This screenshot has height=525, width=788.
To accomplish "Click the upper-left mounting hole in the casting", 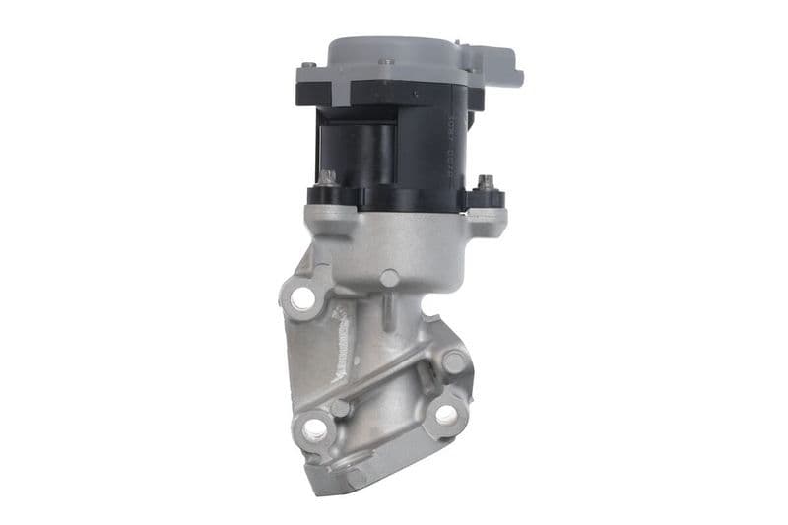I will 303,296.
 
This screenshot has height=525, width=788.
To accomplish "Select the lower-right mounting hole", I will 445,416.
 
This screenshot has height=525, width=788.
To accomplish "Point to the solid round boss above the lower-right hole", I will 454,361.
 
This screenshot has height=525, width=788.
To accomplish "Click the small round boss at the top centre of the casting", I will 390,279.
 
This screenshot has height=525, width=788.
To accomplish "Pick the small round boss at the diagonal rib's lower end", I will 340,407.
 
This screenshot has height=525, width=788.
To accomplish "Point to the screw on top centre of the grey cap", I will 388,61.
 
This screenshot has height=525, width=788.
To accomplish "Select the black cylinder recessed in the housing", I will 375,153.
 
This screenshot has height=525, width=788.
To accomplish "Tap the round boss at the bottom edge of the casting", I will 357,477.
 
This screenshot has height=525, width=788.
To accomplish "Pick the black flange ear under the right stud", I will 487,199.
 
